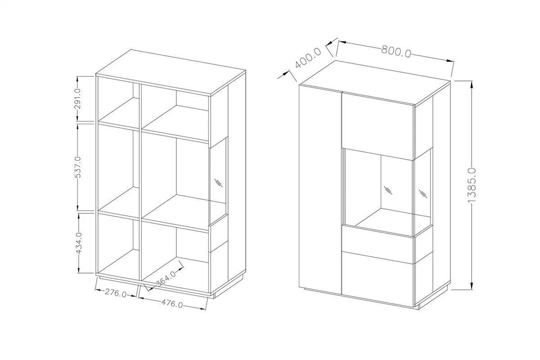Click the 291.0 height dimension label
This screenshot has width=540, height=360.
78,99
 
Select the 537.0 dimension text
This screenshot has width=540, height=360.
78,167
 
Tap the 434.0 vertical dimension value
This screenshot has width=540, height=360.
80,243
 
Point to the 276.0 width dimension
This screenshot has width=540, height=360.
116,293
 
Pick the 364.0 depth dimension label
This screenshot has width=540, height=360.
166,278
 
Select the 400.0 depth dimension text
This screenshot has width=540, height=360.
308,58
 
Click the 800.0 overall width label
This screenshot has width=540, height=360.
396,51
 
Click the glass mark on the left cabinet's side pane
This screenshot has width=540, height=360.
218,182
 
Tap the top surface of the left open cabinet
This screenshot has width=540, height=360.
171,72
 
